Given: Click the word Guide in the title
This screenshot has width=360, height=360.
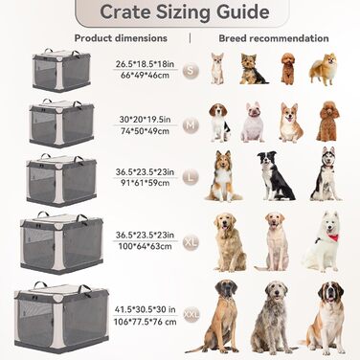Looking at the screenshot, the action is click(243, 12).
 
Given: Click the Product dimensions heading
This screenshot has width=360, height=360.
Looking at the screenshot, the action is click(121, 38).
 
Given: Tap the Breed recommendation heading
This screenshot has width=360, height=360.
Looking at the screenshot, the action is click(274, 38).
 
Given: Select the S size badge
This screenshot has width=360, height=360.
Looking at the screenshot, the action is click(191, 71).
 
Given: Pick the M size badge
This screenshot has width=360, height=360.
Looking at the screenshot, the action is click(191, 125).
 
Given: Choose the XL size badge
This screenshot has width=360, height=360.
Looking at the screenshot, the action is click(191, 242).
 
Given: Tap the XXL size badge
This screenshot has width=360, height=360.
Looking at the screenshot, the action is click(191, 315).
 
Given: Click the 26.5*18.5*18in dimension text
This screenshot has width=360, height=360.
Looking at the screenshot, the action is click(145, 64).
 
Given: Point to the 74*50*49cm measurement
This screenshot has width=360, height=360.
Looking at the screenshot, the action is click(145, 131).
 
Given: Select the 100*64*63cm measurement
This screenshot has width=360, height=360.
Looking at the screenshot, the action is click(145, 246).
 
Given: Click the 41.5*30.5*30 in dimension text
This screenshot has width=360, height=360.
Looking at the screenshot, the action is click(145, 309).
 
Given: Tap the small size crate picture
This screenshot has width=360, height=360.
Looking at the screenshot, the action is click(61, 70).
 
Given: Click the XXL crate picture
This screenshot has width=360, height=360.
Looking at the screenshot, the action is click(61, 318).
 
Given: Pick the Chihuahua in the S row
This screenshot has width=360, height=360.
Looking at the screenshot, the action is click(217, 68).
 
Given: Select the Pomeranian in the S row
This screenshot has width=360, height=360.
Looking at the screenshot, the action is click(324, 69).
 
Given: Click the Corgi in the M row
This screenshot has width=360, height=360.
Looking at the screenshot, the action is click(290, 123).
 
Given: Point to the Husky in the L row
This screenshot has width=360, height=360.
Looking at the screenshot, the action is click(326, 173).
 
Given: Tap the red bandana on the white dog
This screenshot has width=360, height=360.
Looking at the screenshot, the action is click(332, 236).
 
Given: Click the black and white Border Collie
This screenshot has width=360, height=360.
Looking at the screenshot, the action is click(275, 175).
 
